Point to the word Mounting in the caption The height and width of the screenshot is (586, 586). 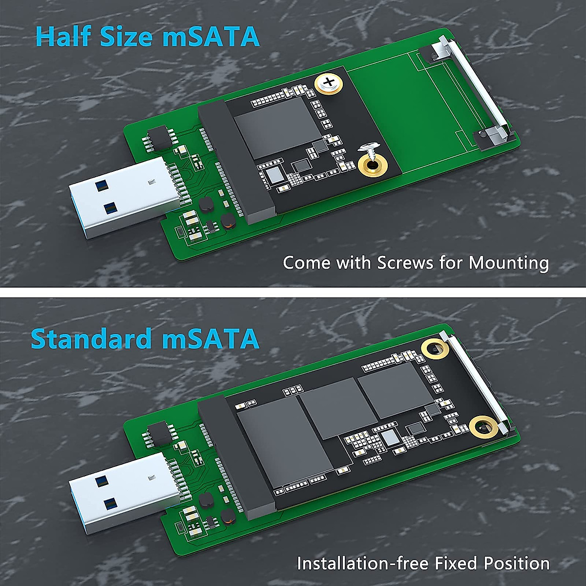pos(509,264)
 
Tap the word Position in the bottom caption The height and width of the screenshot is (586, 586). pos(517,563)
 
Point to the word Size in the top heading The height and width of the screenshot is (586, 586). pos(128,36)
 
